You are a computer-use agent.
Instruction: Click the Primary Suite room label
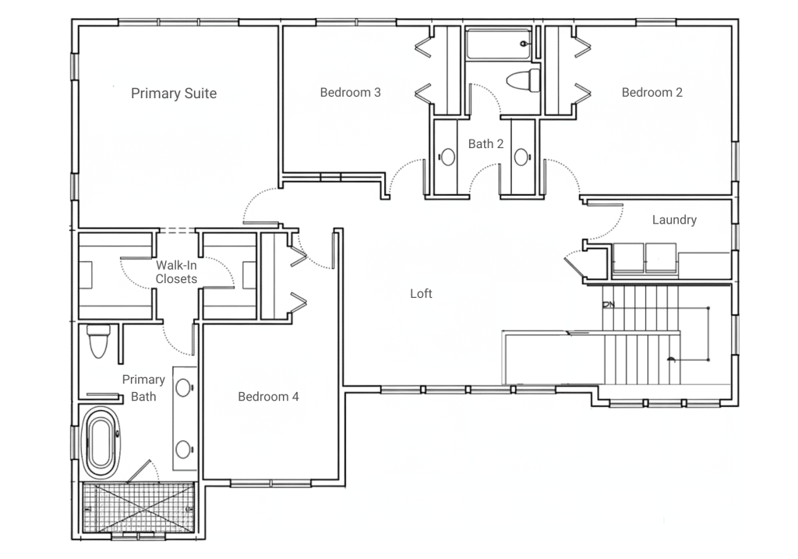click(x=174, y=94)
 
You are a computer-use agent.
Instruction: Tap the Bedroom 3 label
click(x=350, y=93)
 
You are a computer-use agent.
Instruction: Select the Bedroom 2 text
click(x=652, y=93)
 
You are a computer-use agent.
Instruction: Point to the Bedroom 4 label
click(x=268, y=397)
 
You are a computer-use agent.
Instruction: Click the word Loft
click(x=421, y=294)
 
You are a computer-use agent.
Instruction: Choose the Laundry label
click(x=674, y=220)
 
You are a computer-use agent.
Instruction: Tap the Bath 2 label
click(x=486, y=144)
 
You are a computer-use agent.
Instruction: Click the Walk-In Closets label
click(x=176, y=272)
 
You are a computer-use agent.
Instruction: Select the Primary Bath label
click(x=143, y=388)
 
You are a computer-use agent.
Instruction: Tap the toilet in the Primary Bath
click(x=99, y=341)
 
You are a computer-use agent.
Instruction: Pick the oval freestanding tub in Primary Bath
click(x=101, y=442)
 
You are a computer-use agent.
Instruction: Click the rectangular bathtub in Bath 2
click(x=499, y=44)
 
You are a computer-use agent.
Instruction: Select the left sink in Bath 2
click(x=447, y=157)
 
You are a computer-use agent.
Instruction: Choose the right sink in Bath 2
click(x=521, y=157)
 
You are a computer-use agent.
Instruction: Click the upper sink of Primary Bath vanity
click(x=183, y=388)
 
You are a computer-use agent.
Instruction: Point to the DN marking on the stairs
click(x=609, y=304)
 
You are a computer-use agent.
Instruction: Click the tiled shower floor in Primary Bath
click(x=139, y=507)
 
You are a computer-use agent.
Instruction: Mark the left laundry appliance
click(x=628, y=259)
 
